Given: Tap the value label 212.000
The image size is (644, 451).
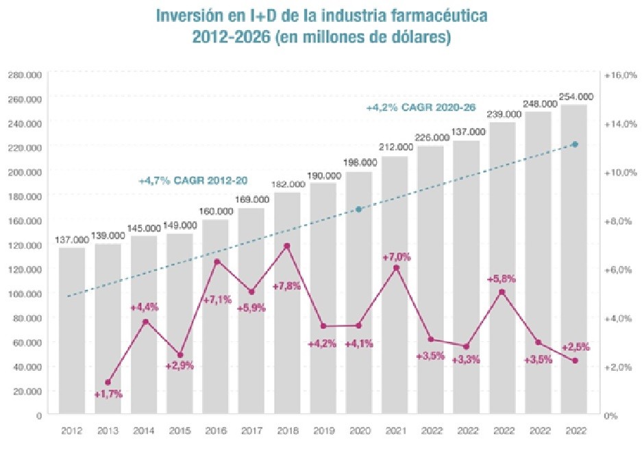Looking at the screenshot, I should [x=395, y=147].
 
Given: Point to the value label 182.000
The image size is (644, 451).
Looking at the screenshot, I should [x=288, y=184].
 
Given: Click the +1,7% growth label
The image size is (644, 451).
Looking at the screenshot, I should [x=108, y=393].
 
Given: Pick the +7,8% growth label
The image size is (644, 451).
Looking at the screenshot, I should [x=286, y=286].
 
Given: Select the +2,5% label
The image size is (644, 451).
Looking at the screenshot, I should [x=575, y=347].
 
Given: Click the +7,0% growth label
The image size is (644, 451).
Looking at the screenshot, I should [x=397, y=257].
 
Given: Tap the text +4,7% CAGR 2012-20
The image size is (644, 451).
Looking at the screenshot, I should [x=193, y=181].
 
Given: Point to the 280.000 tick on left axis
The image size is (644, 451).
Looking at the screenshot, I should [x=25, y=74].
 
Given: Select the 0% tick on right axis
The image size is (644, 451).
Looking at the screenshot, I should [x=611, y=415].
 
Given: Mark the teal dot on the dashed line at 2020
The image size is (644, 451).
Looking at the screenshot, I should [x=359, y=209].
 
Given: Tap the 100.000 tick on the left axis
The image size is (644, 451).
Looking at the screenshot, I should [x=25, y=293].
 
